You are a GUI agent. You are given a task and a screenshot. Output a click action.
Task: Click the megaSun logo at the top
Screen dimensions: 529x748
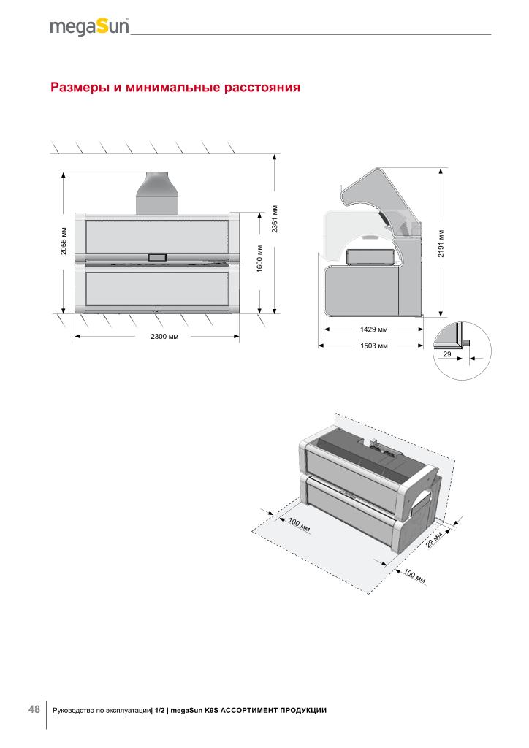click(89, 27)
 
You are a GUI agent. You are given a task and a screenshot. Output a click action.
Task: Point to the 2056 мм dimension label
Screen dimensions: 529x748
click(64, 240)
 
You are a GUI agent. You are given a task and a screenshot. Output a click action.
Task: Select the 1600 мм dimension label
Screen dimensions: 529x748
click(260, 259)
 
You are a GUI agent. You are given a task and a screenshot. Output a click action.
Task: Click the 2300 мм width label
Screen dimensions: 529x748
click(164, 336)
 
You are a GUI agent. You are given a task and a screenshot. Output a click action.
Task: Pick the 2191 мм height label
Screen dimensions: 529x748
click(441, 243)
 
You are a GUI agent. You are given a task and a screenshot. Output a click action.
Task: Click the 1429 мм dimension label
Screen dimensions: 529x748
click(373, 329)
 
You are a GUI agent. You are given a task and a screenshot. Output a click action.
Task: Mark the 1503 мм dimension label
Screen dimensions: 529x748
click(373, 346)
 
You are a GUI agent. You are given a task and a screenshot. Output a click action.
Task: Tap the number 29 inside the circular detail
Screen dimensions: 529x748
click(447, 354)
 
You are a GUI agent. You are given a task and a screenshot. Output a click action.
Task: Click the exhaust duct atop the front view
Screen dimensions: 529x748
click(157, 193)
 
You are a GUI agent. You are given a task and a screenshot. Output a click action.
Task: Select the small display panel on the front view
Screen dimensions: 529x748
click(157, 257)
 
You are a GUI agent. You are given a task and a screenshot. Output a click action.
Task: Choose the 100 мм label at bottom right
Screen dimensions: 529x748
click(414, 576)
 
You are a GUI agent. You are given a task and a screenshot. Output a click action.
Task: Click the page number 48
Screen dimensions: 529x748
click(34, 709)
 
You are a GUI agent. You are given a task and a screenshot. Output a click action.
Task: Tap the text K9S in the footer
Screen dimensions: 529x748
click(211, 710)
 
